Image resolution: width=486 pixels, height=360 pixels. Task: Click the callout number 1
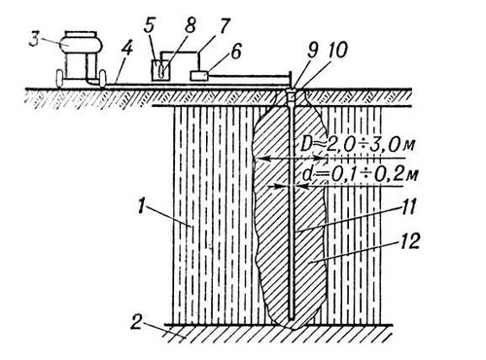click(140, 206)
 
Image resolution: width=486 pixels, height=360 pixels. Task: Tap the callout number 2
click(136, 322)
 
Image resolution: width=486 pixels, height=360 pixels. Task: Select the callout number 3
click(34, 39)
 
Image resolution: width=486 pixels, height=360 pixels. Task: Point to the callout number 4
click(126, 50)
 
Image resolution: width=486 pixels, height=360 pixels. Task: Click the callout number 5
click(149, 25)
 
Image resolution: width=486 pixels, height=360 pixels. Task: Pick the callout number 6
click(236, 52)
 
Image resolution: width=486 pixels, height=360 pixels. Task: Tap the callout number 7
click(224, 26)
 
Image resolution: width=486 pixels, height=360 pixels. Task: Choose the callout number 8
click(191, 25)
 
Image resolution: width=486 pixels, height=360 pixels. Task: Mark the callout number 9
click(313, 51)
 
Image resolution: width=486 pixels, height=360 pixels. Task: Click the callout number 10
click(337, 51)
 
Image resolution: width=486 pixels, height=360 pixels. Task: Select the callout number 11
click(407, 206)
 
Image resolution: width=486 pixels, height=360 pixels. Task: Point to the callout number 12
click(409, 241)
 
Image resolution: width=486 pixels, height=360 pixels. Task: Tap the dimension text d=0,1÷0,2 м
click(361, 174)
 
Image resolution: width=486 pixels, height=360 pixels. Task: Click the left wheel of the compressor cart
click(59, 79)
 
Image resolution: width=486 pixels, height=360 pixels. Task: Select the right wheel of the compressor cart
click(103, 78)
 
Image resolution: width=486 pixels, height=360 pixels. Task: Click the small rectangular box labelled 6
click(198, 76)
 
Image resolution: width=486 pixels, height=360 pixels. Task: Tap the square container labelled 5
click(160, 70)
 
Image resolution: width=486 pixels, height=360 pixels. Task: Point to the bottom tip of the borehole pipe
click(292, 320)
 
